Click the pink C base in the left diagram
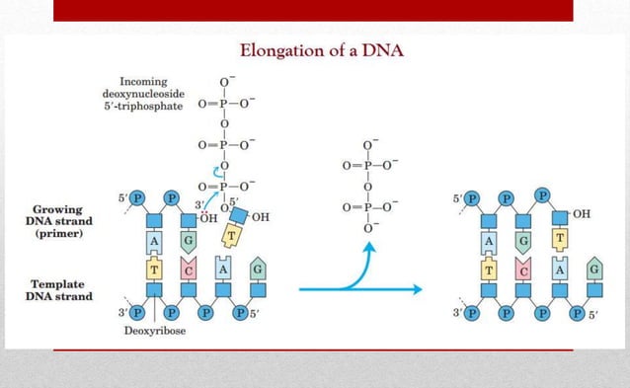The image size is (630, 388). coord(191,270)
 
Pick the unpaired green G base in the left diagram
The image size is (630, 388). coord(257,269)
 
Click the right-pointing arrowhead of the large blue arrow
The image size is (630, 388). coord(417,289)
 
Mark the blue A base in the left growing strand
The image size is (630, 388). coord(155,240)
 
